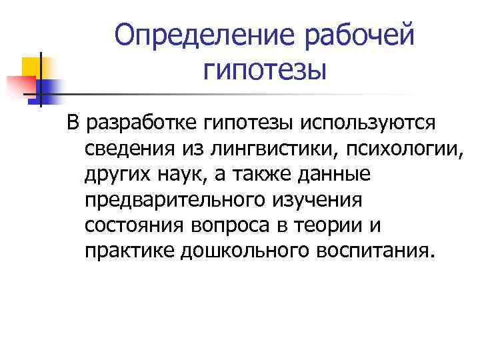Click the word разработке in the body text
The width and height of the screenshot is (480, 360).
157,123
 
